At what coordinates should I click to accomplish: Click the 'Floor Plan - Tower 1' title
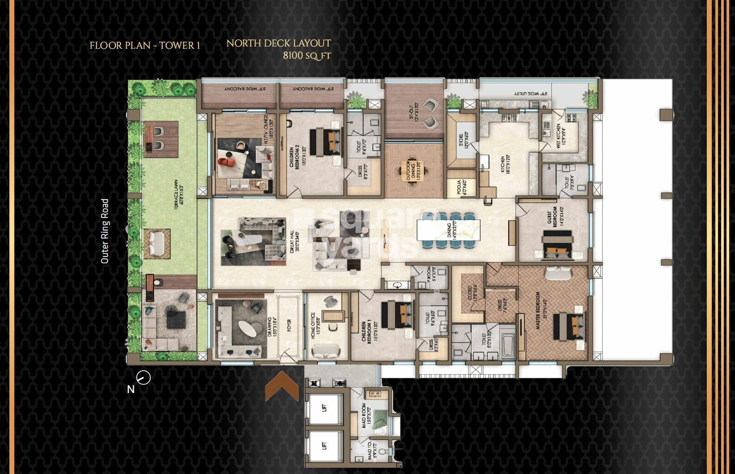coord(144,45)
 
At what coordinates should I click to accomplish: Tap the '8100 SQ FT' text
coord(307,55)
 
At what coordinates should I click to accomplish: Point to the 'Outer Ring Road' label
coord(105,231)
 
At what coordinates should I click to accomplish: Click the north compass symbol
coord(143,378)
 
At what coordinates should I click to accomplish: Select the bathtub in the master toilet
coord(507,345)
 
